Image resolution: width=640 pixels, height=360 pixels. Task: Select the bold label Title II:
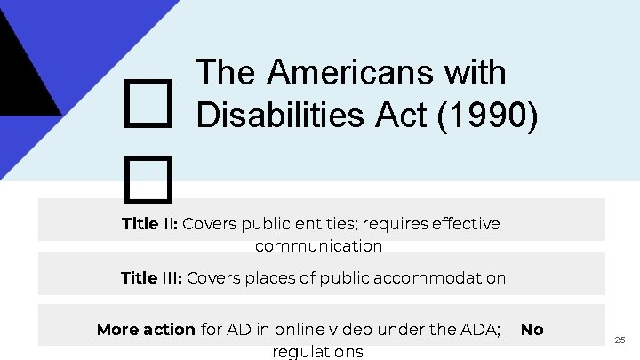click(x=149, y=224)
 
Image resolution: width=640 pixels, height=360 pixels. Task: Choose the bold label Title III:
click(x=151, y=278)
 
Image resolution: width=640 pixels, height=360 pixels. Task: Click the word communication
click(x=318, y=245)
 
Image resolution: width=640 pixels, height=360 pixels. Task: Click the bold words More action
click(x=146, y=330)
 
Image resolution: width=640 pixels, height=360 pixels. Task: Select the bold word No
click(x=532, y=330)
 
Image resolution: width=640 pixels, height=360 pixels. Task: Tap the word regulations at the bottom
click(x=317, y=351)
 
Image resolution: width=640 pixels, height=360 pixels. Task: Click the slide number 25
click(x=620, y=340)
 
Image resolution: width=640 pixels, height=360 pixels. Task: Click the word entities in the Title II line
click(x=294, y=224)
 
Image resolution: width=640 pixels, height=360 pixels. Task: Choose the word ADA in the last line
click(x=480, y=330)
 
